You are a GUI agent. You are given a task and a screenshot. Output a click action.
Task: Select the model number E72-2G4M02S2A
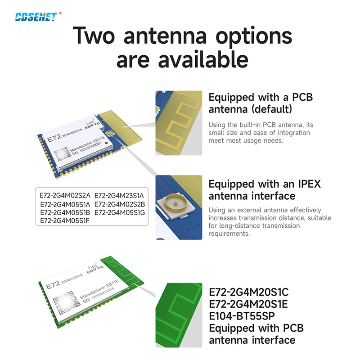pos(66,195)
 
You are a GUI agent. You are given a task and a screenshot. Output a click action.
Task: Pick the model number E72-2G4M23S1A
pos(119,195)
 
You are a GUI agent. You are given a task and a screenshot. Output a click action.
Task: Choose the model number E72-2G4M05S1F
pos(65,220)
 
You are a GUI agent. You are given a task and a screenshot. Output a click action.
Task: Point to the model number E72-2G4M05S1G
pos(120,212)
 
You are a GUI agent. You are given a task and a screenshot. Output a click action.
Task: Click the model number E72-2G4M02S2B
pos(119,204)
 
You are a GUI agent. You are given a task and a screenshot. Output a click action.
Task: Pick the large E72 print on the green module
pos(53,283)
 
